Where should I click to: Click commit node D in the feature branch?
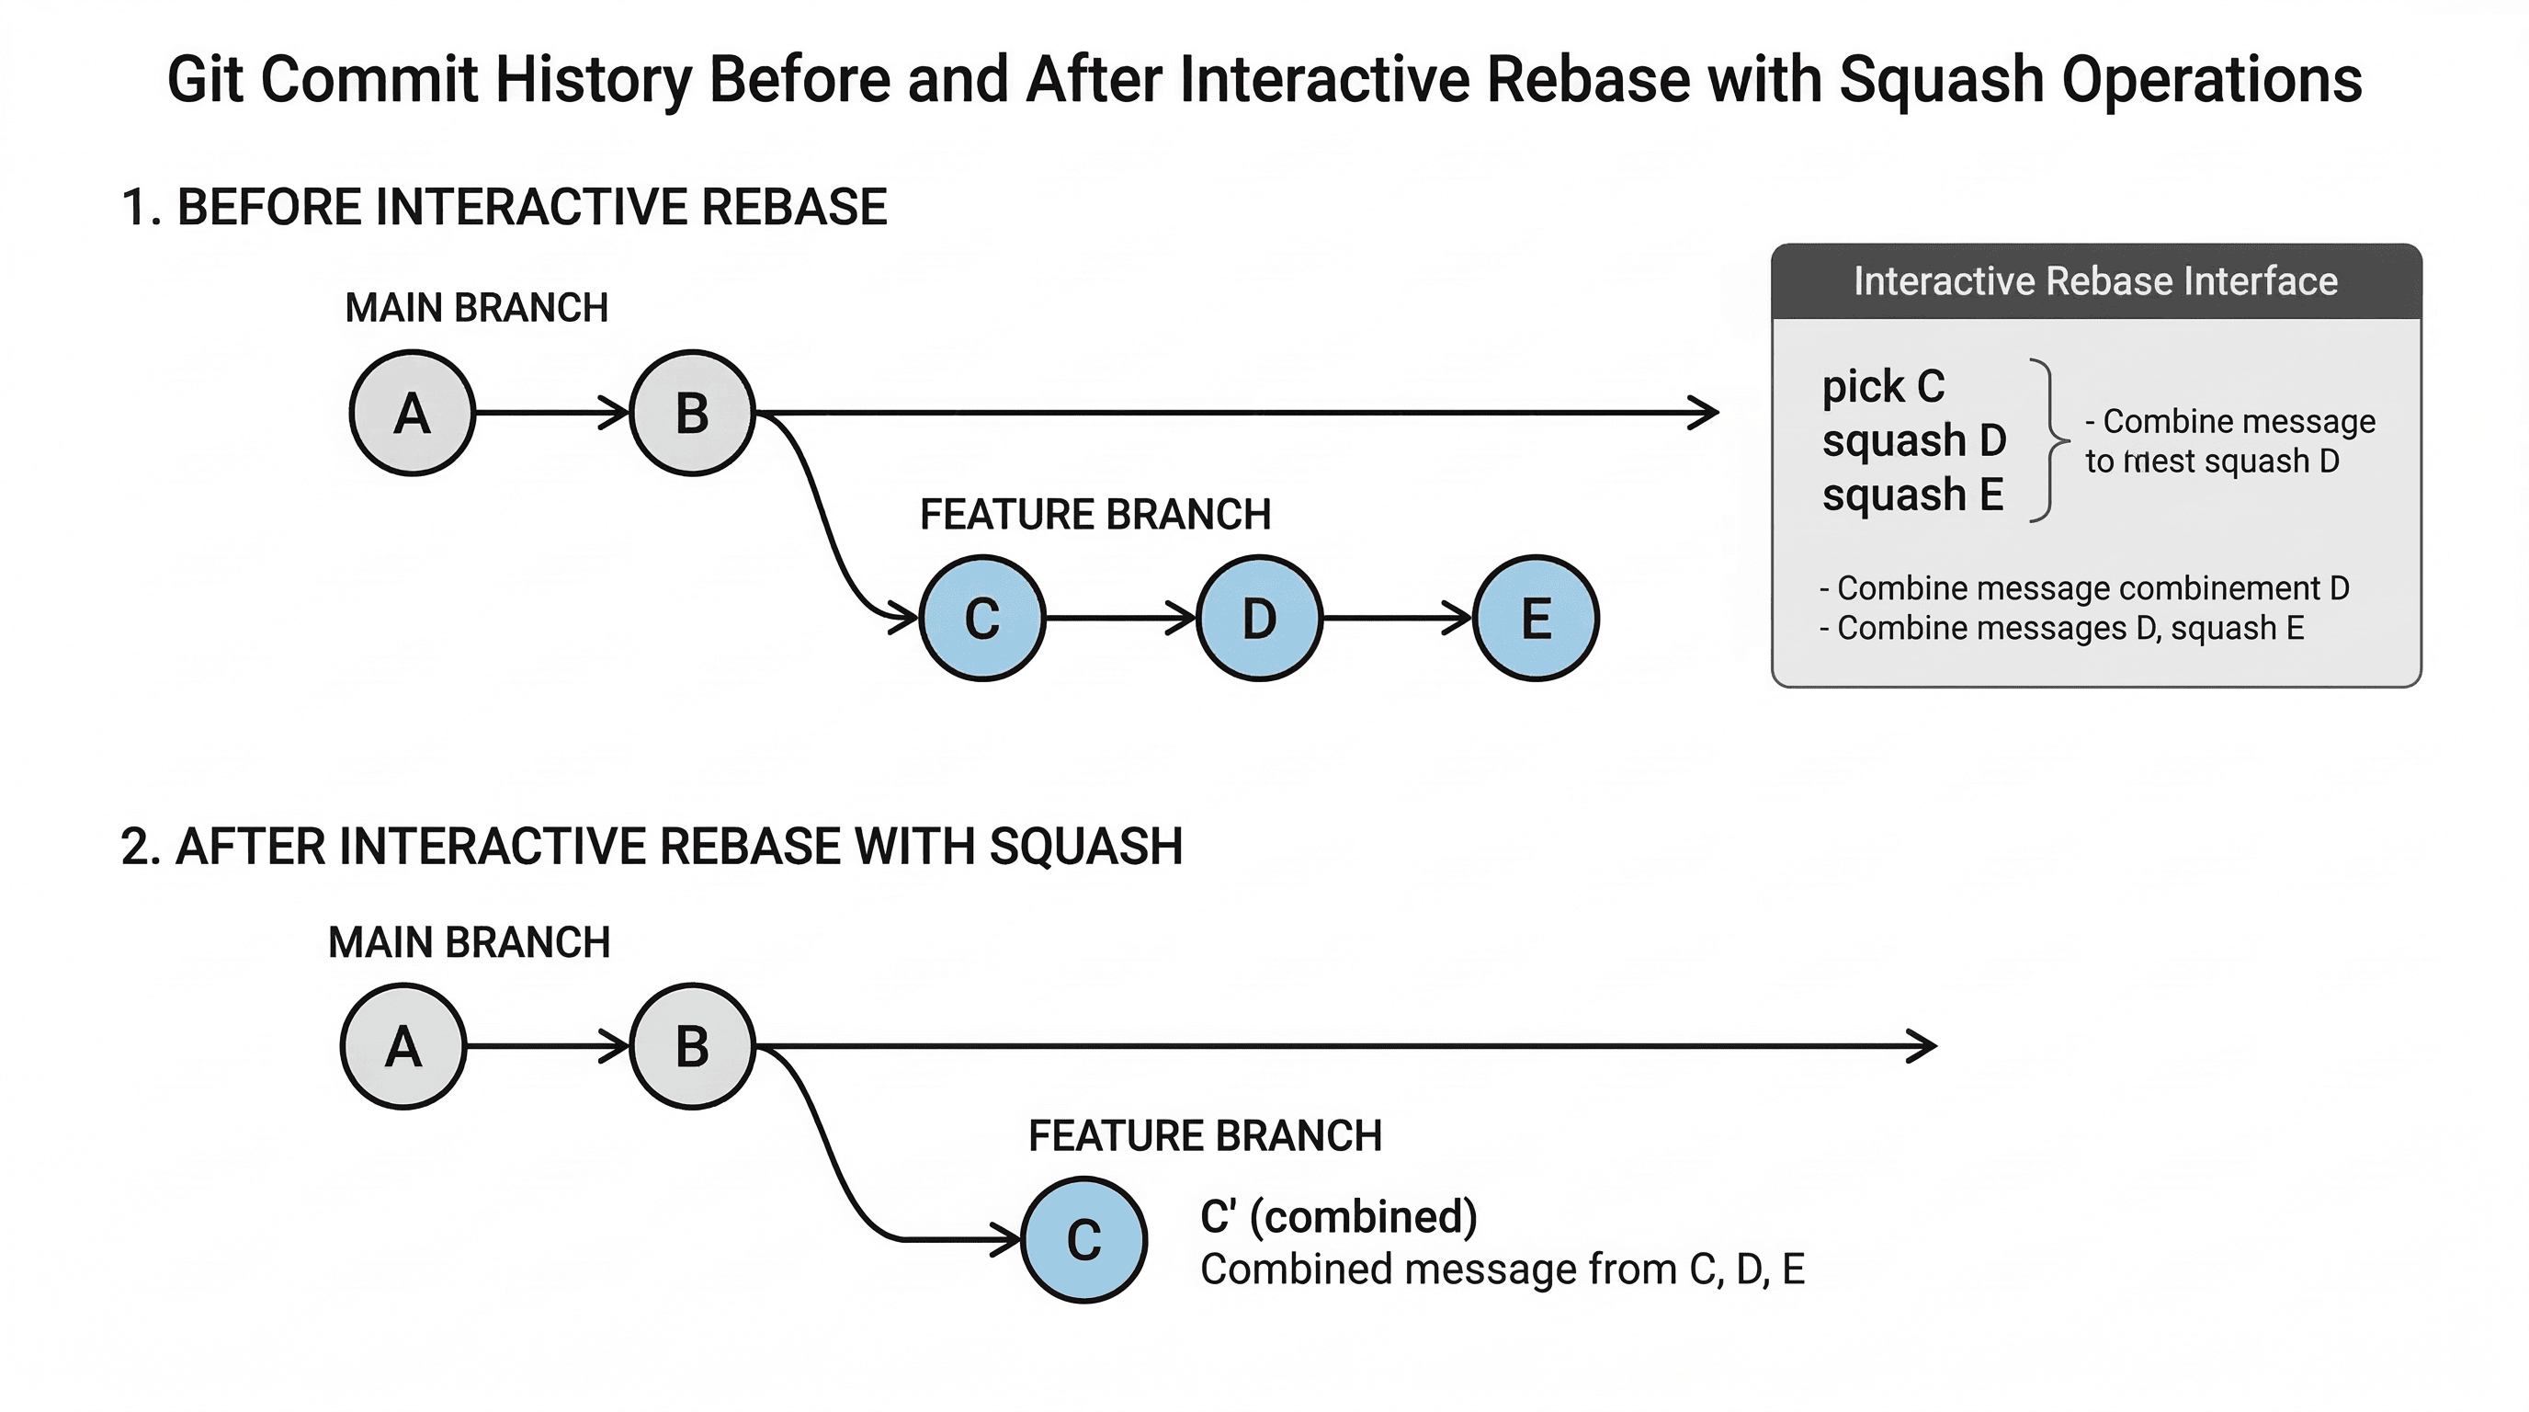(1260, 619)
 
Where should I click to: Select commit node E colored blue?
(1536, 619)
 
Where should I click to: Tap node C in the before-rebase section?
(981, 619)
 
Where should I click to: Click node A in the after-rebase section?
(403, 1047)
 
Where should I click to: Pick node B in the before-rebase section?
(692, 414)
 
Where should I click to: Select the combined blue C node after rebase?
(1083, 1239)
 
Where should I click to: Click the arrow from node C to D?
(1119, 619)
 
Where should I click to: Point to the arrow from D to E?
(1396, 619)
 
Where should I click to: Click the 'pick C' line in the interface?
(1883, 387)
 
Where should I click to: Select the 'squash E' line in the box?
(1912, 495)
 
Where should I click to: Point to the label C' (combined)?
(1338, 1216)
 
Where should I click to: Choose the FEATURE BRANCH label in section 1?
(1094, 515)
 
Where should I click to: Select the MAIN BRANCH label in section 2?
(470, 942)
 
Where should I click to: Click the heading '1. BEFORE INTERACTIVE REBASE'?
(504, 207)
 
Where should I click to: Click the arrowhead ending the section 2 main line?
(1924, 1047)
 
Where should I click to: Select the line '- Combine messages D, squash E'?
(2061, 629)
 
